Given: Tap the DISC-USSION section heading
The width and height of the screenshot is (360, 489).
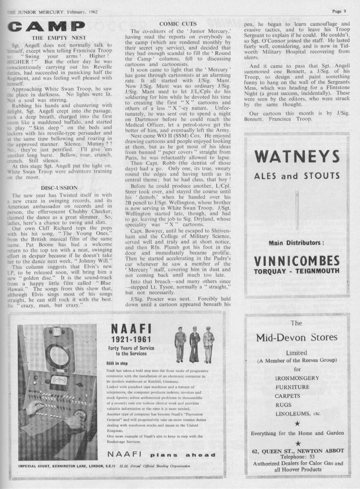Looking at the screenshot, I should (x=57, y=188).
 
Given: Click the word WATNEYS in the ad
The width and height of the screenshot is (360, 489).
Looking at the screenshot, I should (x=297, y=157).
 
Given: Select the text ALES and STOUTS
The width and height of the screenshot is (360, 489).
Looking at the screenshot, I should (x=297, y=176).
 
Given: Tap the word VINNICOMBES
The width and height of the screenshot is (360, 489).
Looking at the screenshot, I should (x=297, y=261).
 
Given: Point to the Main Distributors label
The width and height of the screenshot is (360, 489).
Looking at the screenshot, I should (x=296, y=243).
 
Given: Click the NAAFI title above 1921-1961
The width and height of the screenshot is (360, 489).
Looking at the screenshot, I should (x=131, y=329).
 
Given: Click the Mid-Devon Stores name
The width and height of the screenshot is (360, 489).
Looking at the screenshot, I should (x=297, y=337).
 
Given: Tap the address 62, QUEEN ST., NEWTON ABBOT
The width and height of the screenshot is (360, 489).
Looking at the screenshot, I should (x=298, y=451).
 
